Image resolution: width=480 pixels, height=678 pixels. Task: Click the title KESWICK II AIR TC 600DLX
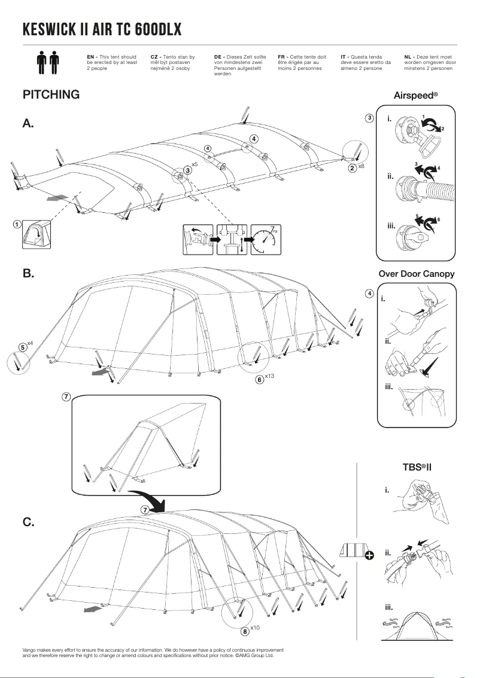(x=102, y=30)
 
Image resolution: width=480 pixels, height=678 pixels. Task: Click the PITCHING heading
(x=51, y=94)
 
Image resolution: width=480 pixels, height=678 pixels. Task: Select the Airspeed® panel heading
(x=416, y=95)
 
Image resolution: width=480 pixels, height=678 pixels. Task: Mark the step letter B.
(x=28, y=273)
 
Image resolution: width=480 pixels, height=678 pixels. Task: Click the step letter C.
(x=28, y=522)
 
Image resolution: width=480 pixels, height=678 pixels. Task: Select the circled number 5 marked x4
(x=22, y=347)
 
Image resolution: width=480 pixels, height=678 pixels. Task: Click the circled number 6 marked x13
(x=260, y=379)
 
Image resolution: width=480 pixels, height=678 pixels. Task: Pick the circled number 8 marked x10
(x=245, y=630)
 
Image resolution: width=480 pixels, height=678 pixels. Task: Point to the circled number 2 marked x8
(x=353, y=168)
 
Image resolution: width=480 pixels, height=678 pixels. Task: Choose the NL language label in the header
(x=408, y=56)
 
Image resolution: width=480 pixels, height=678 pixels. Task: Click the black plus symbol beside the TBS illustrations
(x=369, y=555)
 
